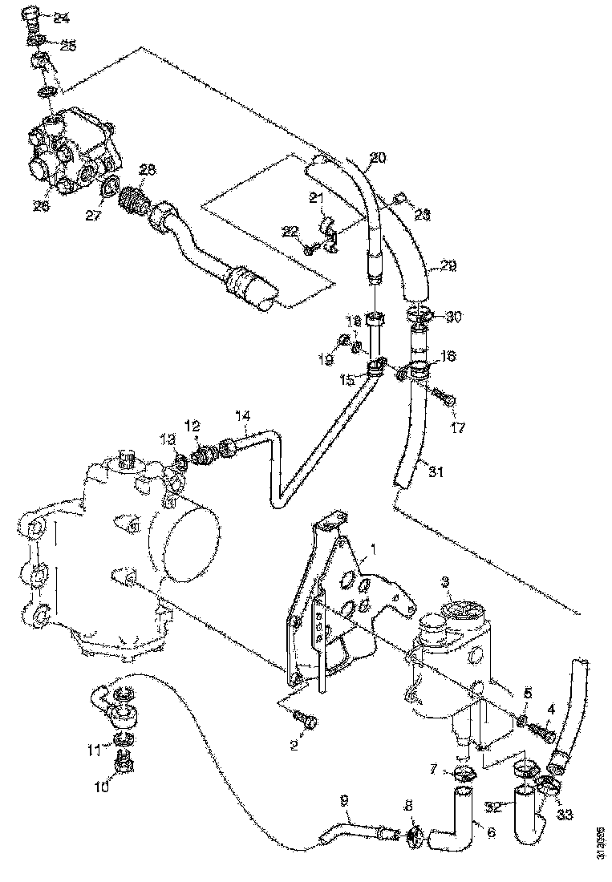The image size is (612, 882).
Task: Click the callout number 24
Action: point(61,19)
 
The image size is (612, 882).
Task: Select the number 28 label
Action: point(146,169)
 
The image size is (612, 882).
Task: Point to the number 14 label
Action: point(243,415)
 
